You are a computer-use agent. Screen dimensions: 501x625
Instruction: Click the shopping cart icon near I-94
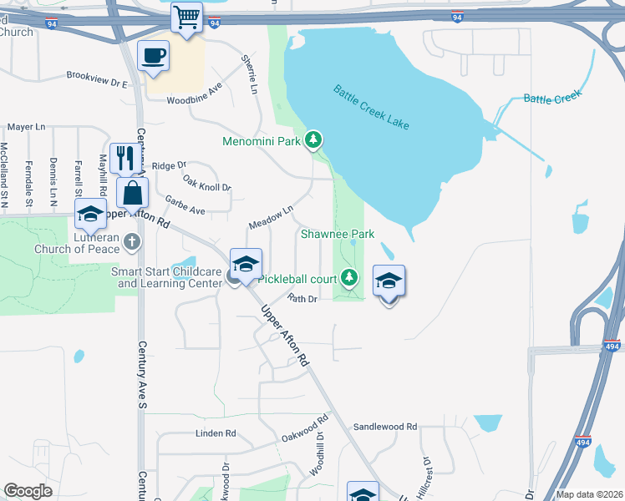[x=187, y=16]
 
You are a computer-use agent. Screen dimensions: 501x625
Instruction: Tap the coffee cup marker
[x=153, y=56]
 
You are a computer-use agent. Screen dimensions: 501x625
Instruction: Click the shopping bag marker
[x=132, y=193]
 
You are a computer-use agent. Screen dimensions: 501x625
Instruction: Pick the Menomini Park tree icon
[x=313, y=139]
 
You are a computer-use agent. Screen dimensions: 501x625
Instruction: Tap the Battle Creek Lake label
[x=371, y=106]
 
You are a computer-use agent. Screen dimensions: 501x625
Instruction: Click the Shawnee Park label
[x=338, y=235]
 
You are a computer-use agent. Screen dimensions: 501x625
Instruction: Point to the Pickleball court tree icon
[x=350, y=277]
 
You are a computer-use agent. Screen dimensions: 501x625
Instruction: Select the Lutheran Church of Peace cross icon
[x=130, y=242]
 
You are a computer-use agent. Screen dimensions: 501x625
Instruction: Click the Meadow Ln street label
[x=271, y=219]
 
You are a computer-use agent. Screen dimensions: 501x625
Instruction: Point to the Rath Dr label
[x=302, y=298]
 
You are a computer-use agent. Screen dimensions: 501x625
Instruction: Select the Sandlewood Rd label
[x=385, y=427]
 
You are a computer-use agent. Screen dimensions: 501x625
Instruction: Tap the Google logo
[x=28, y=491]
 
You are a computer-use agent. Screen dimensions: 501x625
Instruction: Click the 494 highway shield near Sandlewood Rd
[x=583, y=443]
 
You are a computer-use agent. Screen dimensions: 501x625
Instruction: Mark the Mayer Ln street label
[x=26, y=127]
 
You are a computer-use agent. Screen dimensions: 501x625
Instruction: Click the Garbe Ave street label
[x=185, y=205]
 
